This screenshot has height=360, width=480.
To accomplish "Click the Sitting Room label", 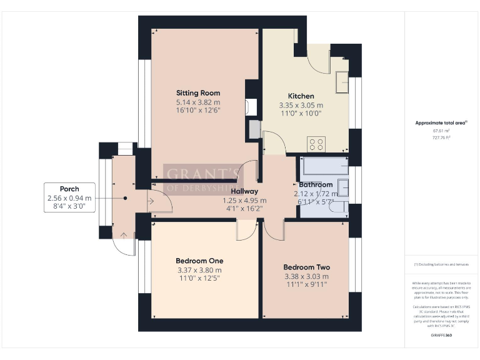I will coord(197,93).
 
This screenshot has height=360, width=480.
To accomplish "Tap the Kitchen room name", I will coord(301,96).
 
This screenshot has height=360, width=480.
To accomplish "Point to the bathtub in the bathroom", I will coord(325,166).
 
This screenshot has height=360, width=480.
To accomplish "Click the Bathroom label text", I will coord(316,185).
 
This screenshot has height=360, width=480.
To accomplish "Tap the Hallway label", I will coord(244,192).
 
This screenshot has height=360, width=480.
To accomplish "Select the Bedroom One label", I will coord(199,261).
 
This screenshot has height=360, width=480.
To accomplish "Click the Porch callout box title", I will coord(69,189).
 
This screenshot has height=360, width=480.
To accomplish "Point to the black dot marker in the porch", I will coord(126,197).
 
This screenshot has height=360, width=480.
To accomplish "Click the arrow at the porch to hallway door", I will coord(151,201).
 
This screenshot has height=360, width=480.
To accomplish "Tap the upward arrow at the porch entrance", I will coord(124,236).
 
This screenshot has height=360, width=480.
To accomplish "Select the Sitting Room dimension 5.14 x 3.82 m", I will coord(197,102).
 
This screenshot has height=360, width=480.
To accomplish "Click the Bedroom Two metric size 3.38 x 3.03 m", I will coord(306,276).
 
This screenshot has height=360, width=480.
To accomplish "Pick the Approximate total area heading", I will coord(441,123).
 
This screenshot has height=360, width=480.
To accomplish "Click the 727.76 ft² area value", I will coord(441,137).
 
